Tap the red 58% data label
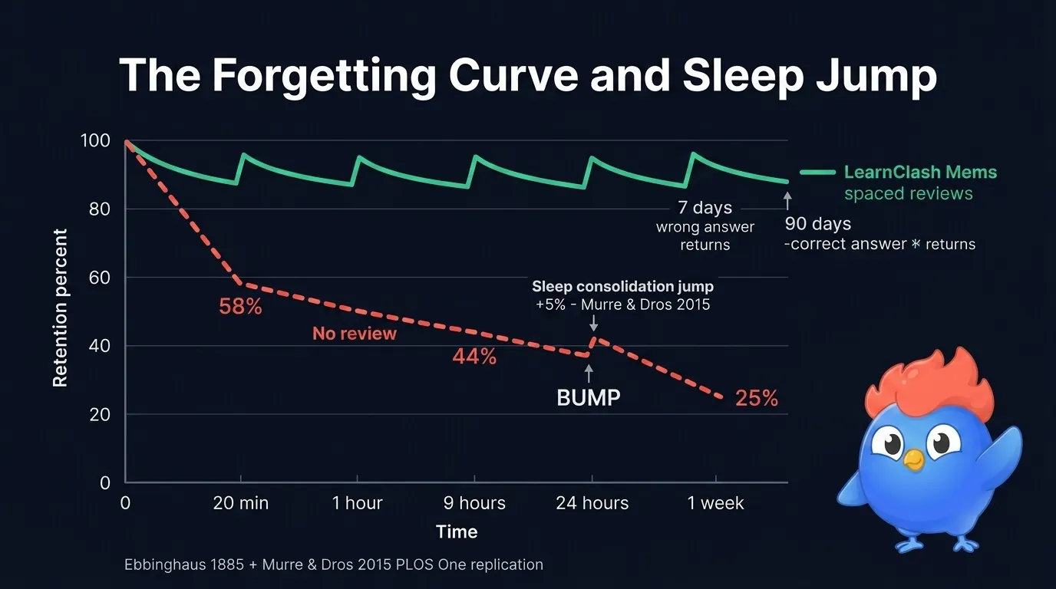tap(240, 307)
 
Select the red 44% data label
tap(474, 357)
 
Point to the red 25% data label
tap(757, 398)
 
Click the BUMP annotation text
tap(589, 398)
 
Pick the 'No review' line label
tap(355, 334)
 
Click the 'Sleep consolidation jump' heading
tap(622, 286)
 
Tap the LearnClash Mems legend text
tap(920, 173)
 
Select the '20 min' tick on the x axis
tap(241, 503)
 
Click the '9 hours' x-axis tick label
tap(474, 503)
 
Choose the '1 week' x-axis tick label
tap(715, 503)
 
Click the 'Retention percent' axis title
tap(61, 308)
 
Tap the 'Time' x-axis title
tap(457, 531)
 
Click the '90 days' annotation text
tap(818, 225)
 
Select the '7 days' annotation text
tap(705, 208)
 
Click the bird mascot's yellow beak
tap(912, 459)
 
